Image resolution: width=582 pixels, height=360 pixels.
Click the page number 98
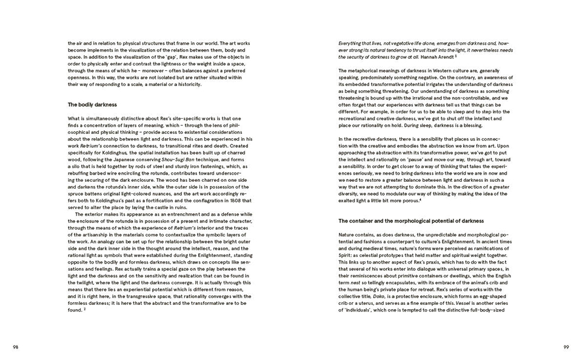(x=16, y=347)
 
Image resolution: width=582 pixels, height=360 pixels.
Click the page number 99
(x=565, y=347)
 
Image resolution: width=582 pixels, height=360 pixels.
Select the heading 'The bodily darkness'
(x=92, y=105)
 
